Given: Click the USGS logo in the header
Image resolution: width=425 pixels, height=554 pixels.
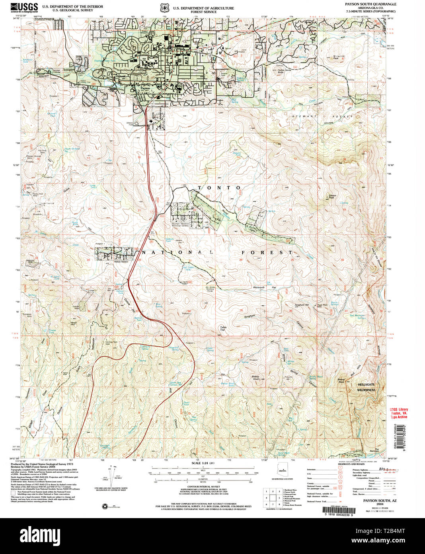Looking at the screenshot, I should [24, 8].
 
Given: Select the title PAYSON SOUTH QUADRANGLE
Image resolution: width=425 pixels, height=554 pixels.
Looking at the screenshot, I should [365, 4].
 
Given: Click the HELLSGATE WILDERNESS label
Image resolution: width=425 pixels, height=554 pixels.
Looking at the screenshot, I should [366, 387].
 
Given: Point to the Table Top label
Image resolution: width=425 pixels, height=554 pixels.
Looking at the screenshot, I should [223, 328].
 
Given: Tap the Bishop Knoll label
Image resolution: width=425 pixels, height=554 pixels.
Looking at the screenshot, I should [255, 377].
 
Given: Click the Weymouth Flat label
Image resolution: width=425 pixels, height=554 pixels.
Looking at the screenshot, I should [265, 287].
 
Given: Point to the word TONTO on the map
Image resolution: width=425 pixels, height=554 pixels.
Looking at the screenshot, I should [219, 187].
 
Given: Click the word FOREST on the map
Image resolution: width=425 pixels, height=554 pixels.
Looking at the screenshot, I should [267, 252].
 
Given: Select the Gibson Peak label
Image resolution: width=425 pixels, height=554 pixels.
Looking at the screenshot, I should [332, 196].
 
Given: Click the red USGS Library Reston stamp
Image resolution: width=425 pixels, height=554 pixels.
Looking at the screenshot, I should [399, 413].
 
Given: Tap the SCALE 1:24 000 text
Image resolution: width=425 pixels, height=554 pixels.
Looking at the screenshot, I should [203, 463].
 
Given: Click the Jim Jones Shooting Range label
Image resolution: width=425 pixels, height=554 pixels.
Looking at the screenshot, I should [210, 289].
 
